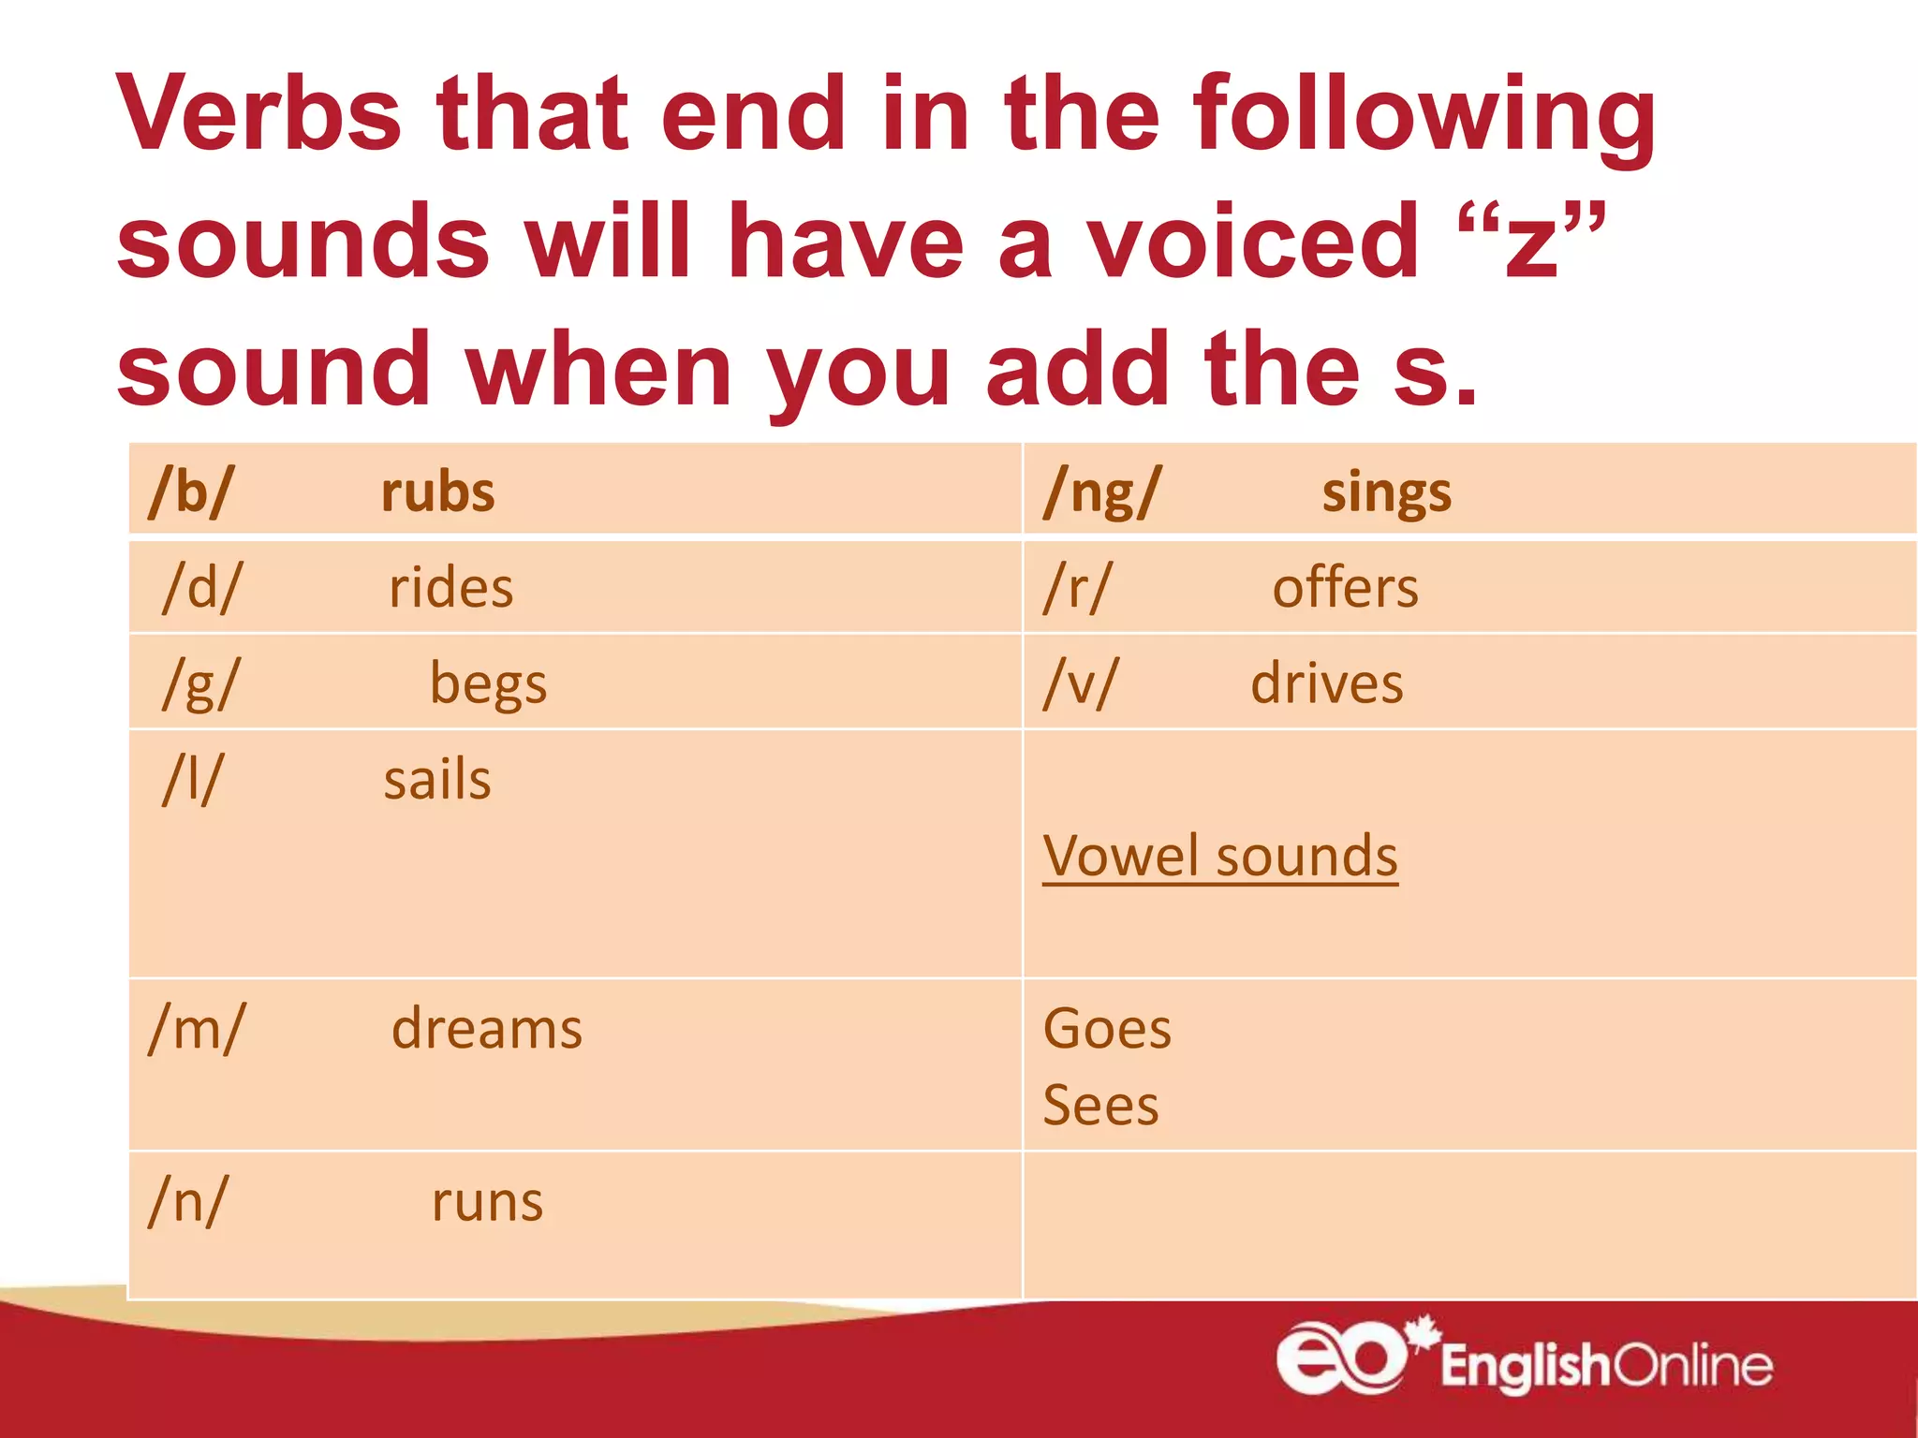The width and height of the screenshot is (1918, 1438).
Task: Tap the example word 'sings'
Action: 1386,493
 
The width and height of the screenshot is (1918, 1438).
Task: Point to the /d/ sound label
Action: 201,588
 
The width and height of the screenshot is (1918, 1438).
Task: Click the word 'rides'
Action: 450,588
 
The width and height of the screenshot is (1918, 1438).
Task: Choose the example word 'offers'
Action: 1345,588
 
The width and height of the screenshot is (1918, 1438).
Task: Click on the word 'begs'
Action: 488,685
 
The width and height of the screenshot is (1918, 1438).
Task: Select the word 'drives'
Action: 1327,683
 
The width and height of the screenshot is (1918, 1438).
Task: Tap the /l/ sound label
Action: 193,779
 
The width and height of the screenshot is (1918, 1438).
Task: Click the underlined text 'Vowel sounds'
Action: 1219,856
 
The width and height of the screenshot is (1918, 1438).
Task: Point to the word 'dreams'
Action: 487,1029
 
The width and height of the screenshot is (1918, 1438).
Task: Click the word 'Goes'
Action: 1107,1029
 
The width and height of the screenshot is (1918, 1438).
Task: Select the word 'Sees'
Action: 1100,1106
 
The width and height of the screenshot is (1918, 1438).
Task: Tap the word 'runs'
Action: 487,1202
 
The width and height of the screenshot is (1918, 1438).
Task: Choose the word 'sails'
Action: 437,780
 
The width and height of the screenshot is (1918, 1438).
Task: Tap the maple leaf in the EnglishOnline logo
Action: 1424,1333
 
